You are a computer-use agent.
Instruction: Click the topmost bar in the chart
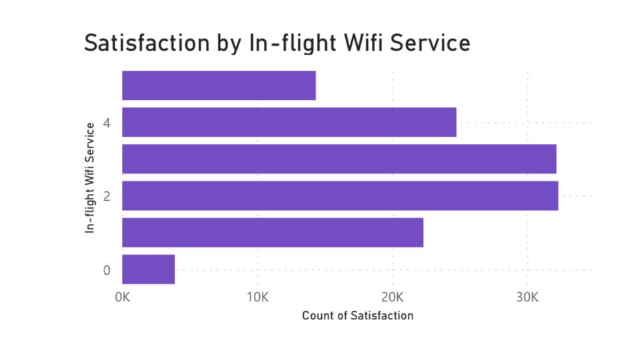pos(219,85)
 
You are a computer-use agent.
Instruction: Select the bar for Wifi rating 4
pos(289,122)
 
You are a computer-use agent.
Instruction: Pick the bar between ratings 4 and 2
pos(339,159)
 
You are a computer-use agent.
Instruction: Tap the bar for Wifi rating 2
pos(340,195)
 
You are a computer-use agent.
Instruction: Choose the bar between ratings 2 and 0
pos(273,233)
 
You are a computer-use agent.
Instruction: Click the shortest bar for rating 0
pos(149,269)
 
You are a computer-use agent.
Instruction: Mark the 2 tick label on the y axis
pos(107,196)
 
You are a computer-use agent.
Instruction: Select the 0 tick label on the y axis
pos(107,270)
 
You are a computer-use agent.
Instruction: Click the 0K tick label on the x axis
pos(123,297)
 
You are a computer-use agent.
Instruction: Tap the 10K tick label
pos(257,297)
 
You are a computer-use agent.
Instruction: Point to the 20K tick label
pos(392,297)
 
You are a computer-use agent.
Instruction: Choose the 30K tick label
pos(527,297)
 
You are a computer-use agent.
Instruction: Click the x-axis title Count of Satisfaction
pos(358,315)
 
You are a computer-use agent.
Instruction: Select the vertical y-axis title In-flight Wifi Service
pos(89,177)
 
